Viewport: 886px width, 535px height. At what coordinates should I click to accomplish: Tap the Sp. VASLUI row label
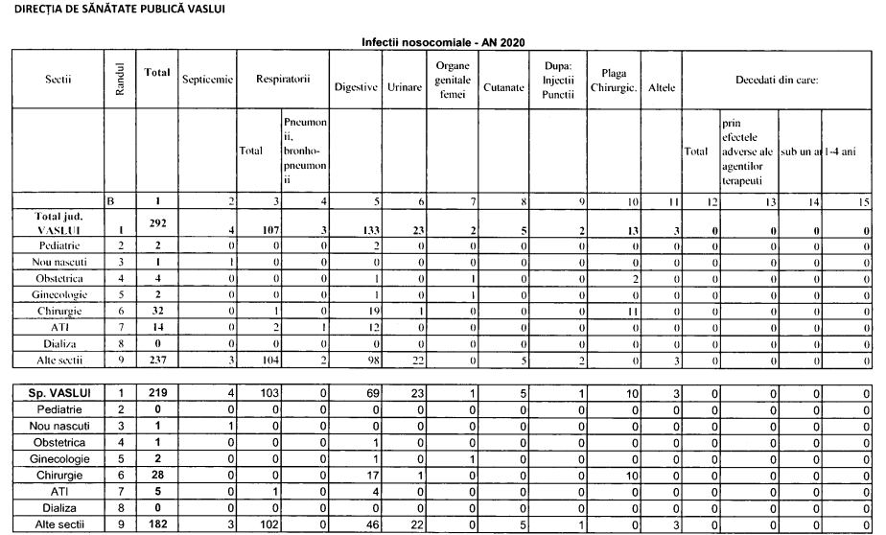coord(53,396)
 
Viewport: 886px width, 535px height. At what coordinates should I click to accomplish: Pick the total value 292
coord(152,218)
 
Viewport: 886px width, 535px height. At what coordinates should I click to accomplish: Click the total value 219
coord(152,396)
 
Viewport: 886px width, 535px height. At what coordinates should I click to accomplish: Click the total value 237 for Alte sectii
coord(152,361)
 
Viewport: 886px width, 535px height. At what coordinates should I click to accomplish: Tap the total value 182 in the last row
coord(152,526)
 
